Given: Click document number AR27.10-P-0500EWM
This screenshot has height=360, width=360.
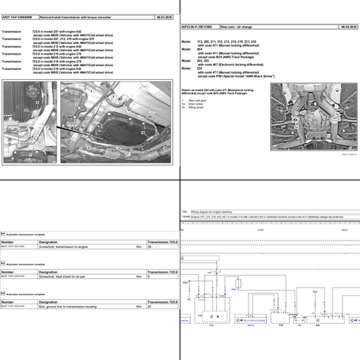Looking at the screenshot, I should [x=18, y=16].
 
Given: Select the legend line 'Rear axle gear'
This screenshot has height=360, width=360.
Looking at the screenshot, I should [x=199, y=100].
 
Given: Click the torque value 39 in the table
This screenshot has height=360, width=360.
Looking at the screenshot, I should [x=149, y=247].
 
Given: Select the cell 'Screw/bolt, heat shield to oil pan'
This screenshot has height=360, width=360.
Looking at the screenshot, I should [x=63, y=276].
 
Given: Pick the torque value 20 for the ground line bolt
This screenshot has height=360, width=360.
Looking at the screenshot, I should [x=149, y=306].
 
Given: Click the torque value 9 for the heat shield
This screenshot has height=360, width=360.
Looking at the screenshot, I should [x=148, y=276].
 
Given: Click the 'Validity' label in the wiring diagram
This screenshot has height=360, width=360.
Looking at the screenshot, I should [x=186, y=217].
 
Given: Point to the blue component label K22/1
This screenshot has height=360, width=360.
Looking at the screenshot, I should [x=234, y=288].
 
